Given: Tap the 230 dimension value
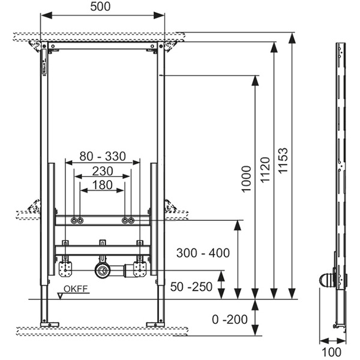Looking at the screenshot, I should (103, 171).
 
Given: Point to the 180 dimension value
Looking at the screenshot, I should (103, 185).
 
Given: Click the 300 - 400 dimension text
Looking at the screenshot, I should (203, 253).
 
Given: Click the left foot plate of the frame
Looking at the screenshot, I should (46, 325).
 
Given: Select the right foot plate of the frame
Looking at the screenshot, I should (155, 325).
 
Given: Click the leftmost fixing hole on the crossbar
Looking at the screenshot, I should (73, 221).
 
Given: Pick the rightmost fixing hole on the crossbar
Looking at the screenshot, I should (132, 221).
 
